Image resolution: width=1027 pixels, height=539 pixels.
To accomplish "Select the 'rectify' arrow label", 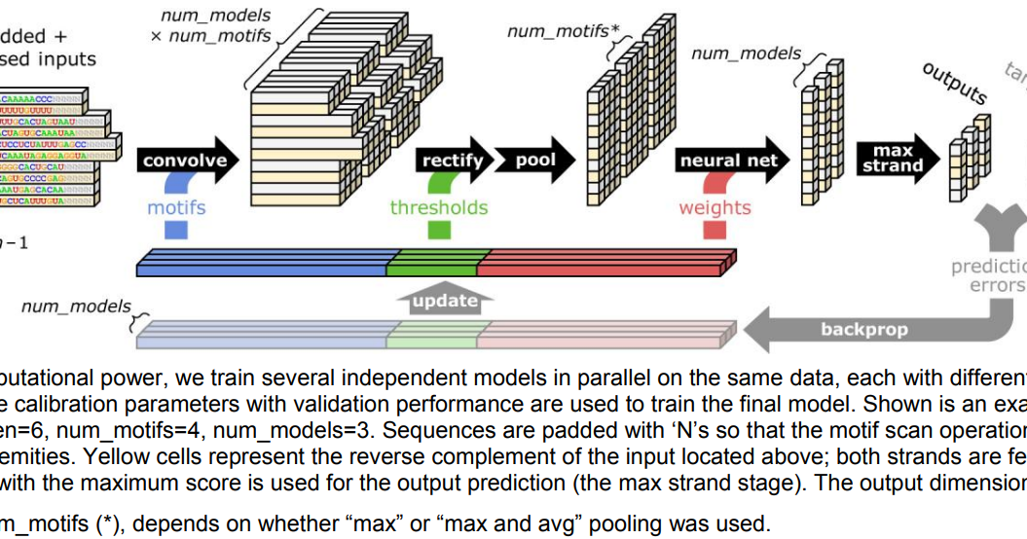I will coord(452,161).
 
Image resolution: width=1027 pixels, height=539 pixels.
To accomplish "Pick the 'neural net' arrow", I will coord(729,161).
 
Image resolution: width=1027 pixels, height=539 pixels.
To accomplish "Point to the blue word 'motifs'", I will coord(176,207).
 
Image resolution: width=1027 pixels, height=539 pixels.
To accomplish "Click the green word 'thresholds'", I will coord(439,207).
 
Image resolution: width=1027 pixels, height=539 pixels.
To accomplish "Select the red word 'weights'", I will coord(715,207).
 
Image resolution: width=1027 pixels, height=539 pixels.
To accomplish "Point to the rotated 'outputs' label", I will coord(955,84).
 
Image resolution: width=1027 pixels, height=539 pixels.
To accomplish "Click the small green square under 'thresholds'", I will coord(439,231).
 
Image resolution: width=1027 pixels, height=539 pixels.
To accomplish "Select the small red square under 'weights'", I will coord(715,231).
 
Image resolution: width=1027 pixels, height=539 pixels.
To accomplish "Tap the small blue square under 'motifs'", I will coord(176,231).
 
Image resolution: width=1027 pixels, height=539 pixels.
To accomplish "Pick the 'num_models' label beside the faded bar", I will coord(76,306).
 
